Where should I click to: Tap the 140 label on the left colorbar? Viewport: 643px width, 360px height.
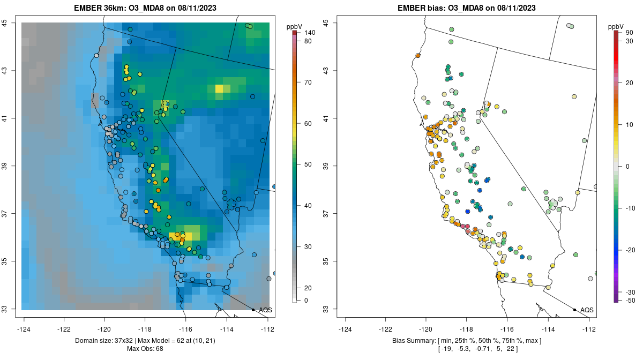pos(309,33)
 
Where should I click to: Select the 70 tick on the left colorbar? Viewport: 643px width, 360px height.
pos(308,82)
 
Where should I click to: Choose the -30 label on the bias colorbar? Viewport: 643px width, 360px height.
pos(630,292)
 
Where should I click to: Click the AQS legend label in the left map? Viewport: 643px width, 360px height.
pos(265,310)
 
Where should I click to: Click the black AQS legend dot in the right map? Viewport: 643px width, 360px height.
pos(574,310)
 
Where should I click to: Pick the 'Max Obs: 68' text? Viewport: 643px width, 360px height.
pos(145,349)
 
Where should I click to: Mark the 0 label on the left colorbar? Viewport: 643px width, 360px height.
pos(305,301)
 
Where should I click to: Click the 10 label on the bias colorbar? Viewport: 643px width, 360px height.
pos(630,124)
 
